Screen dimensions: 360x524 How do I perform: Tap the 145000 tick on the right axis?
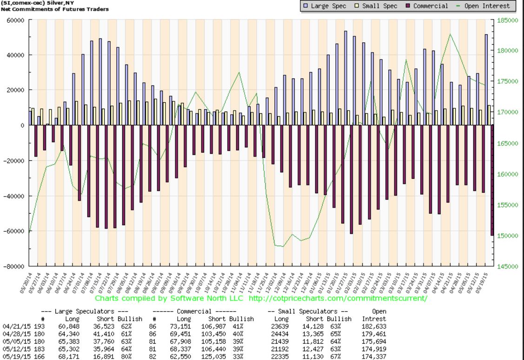508,267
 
